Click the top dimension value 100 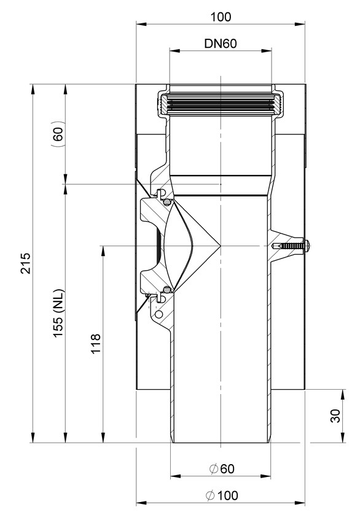click(x=221, y=17)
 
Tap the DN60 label click(x=221, y=44)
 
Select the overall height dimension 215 click(x=25, y=263)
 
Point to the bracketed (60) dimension click(x=58, y=133)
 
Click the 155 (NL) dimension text click(x=58, y=313)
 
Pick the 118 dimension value click(x=96, y=344)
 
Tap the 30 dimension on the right click(x=335, y=416)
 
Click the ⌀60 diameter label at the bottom click(x=222, y=469)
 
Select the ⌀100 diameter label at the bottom click(x=222, y=495)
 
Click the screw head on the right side click(x=307, y=246)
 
